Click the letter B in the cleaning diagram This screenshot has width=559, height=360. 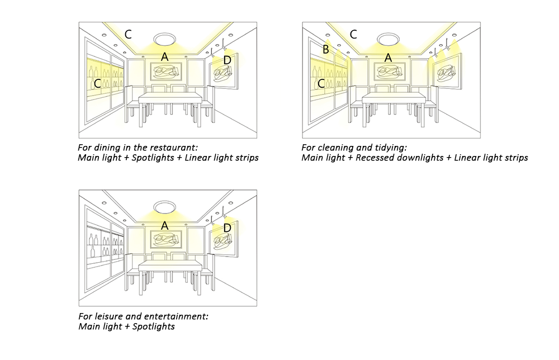(x=325, y=49)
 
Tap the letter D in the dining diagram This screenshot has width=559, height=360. (x=227, y=60)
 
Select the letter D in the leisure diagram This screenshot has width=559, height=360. (x=227, y=228)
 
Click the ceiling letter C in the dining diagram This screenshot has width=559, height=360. (x=128, y=34)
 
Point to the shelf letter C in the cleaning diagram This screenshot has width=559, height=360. (x=321, y=83)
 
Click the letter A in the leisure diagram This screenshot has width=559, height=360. (x=164, y=226)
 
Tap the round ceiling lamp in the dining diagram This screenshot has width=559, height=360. (x=164, y=39)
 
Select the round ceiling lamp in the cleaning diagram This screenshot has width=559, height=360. (x=389, y=39)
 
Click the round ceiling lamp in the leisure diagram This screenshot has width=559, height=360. (x=164, y=207)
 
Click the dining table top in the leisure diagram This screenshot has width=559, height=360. (x=170, y=266)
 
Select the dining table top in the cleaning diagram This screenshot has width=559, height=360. (x=394, y=98)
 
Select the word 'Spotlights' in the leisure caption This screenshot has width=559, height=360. (x=154, y=326)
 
